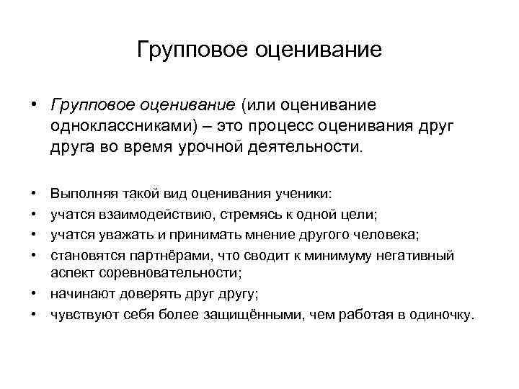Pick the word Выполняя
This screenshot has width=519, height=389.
point(79,194)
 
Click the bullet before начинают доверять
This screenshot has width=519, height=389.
point(35,294)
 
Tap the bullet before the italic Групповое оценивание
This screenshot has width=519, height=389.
point(35,106)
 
